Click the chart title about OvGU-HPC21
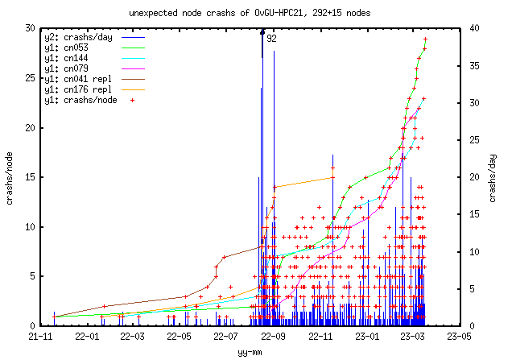(255, 14)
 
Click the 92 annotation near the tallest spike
(272, 38)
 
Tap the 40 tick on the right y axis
(474, 28)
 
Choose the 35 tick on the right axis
(474, 66)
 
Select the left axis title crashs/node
(10, 177)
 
